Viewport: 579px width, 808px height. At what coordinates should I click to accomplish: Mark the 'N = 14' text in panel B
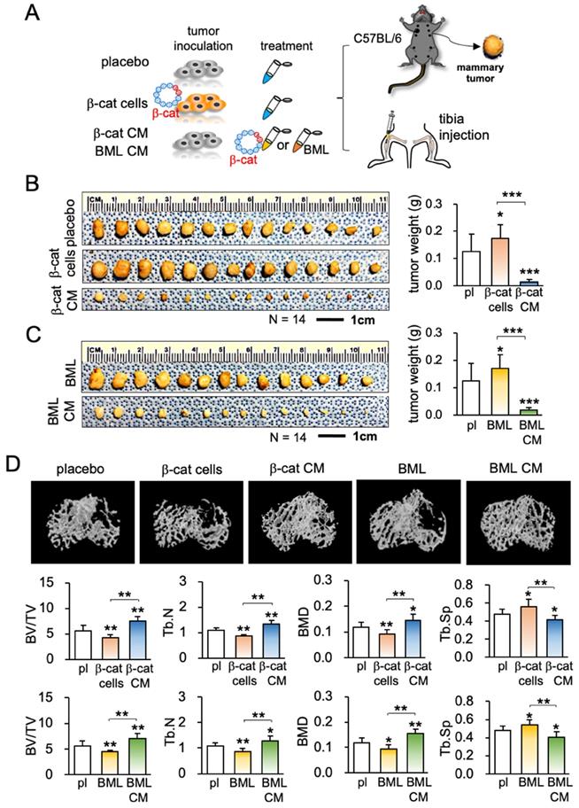pos(285,315)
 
